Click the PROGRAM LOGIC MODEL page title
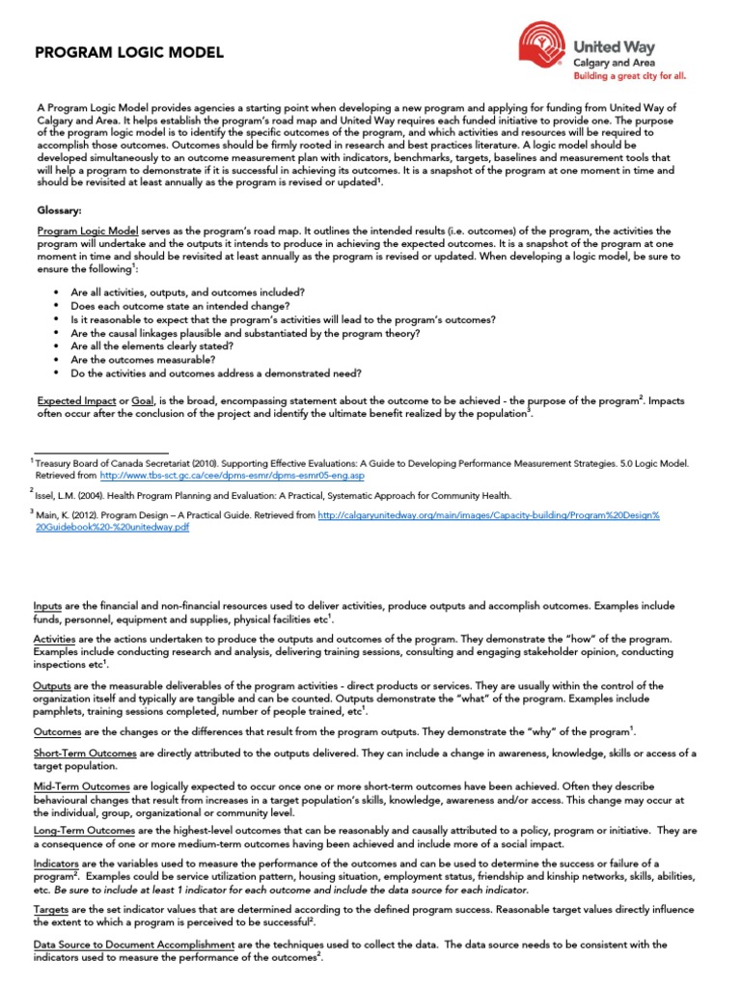[x=129, y=52]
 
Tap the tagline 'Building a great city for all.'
[x=630, y=74]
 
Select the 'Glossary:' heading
[x=59, y=209]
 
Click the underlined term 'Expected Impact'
[x=75, y=399]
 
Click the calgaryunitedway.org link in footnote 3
[x=488, y=515]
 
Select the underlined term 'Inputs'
[x=50, y=606]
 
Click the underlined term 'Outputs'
[x=55, y=686]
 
